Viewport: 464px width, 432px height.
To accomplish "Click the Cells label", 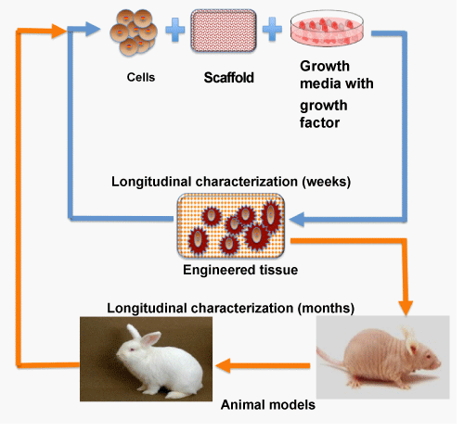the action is (x=141, y=77).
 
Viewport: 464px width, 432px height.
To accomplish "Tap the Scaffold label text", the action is (x=228, y=78).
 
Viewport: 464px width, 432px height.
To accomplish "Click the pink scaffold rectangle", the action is (x=224, y=31).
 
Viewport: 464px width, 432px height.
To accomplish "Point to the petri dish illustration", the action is (x=327, y=29).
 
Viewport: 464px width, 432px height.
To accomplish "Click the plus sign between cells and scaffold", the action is (x=175, y=30).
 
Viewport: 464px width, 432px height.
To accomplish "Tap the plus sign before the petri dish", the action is (x=272, y=30).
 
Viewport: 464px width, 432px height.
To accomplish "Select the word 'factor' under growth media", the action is (x=319, y=122).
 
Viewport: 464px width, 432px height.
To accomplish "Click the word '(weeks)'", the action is (x=327, y=182).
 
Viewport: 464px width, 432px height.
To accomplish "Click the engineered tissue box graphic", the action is (x=231, y=225).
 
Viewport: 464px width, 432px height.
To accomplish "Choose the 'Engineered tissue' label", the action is (x=240, y=270).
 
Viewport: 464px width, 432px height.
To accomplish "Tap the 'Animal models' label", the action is (x=268, y=405).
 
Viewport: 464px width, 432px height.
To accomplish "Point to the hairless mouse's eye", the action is (x=429, y=356).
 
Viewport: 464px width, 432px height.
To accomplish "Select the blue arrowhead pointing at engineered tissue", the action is (x=297, y=220).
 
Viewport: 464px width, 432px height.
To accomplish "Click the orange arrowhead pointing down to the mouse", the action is (x=406, y=308).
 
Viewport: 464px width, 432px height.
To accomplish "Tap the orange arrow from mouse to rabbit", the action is (x=263, y=366).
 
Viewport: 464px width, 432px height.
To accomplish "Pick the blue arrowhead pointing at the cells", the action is (x=93, y=30).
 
